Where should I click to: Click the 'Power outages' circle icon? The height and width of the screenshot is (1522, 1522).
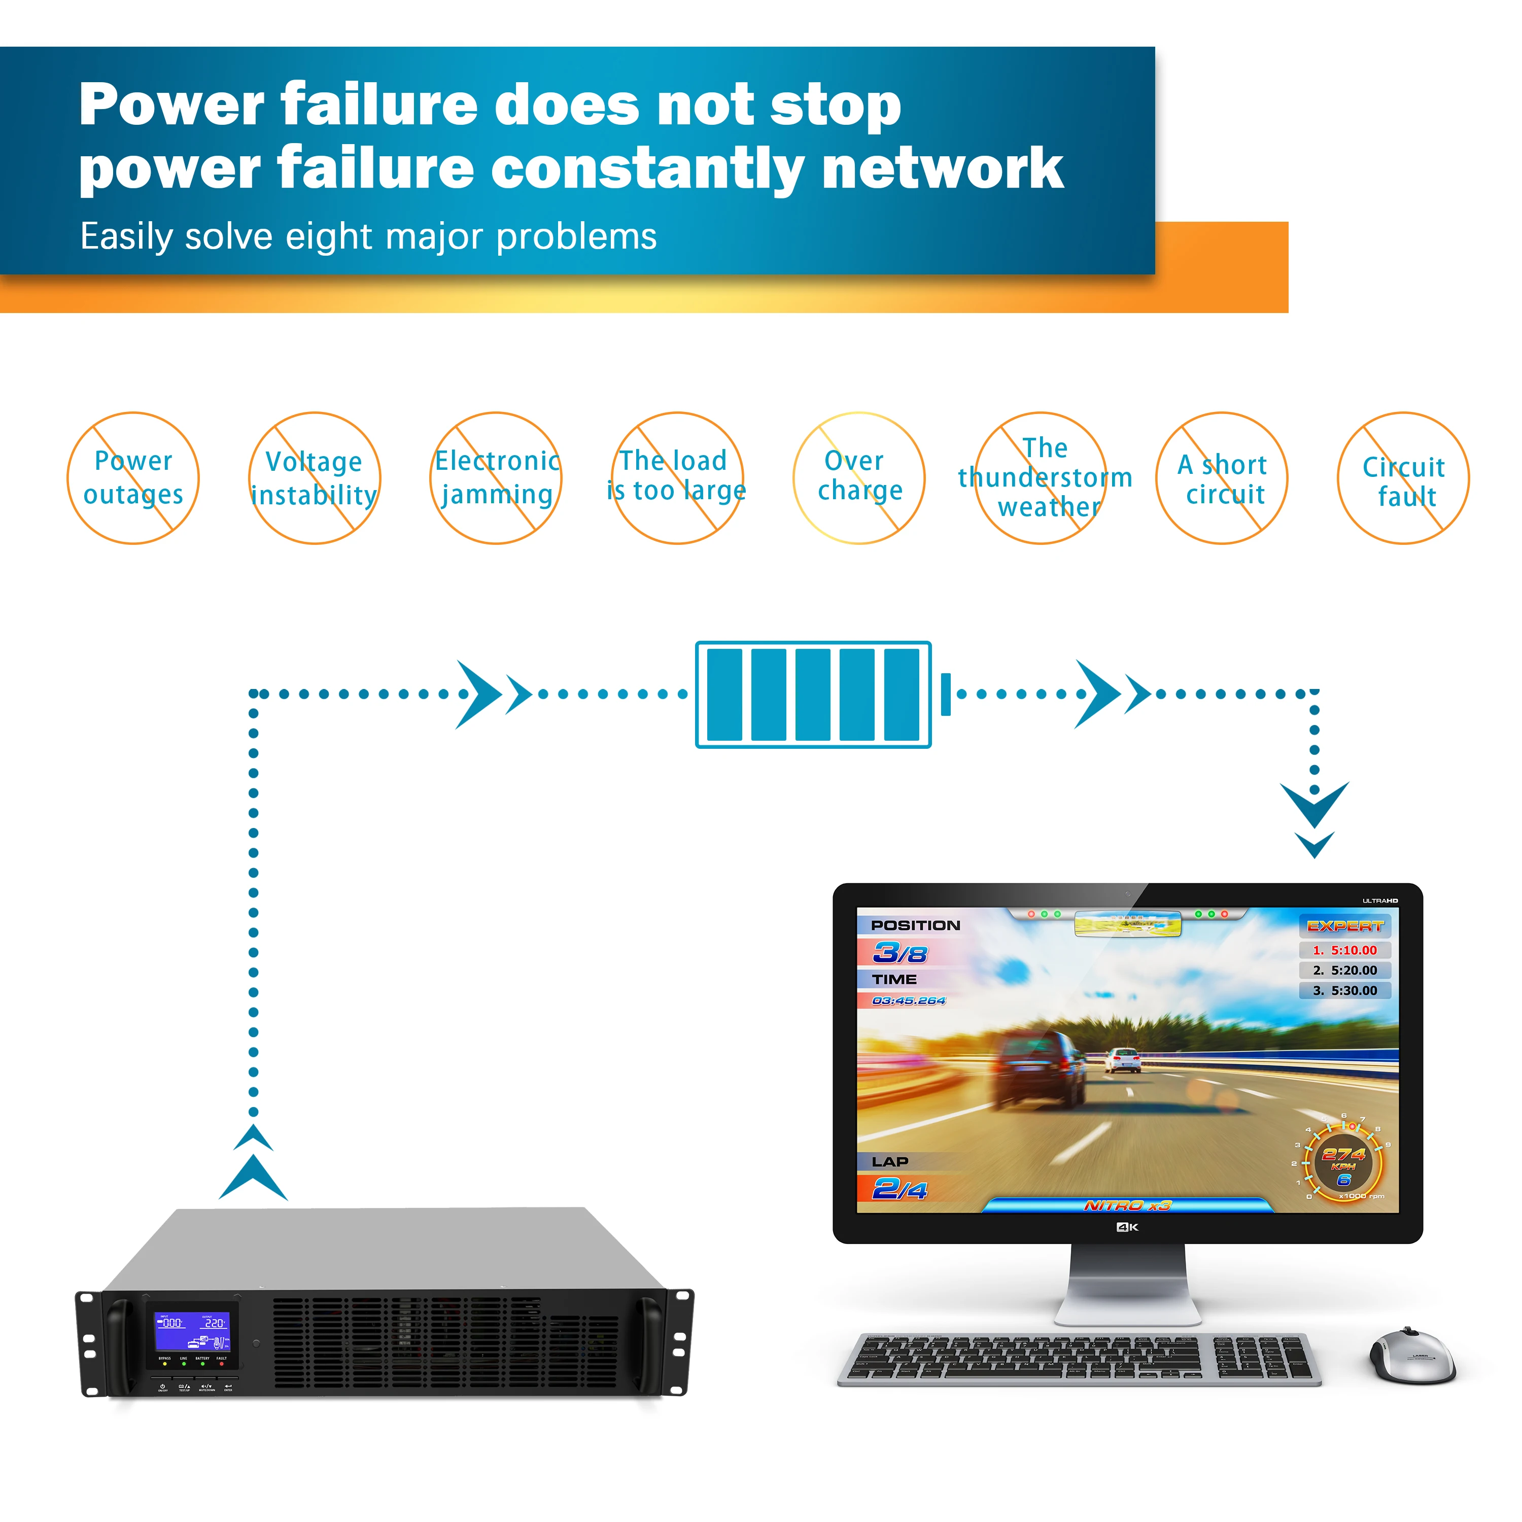[x=133, y=478]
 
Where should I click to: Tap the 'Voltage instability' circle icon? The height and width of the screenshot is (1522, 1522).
[x=315, y=478]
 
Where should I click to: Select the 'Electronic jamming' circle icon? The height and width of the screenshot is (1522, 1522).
[x=496, y=478]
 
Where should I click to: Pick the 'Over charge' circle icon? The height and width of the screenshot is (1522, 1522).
[x=859, y=478]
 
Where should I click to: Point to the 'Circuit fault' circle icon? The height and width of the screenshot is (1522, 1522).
[x=1403, y=478]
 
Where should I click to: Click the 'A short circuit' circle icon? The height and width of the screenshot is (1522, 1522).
[x=1221, y=478]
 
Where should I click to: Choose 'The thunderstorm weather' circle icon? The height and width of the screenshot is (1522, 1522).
[x=1041, y=478]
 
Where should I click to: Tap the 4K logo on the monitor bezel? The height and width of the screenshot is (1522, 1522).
[x=1127, y=1227]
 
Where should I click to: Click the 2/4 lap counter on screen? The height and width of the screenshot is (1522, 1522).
[x=900, y=1189]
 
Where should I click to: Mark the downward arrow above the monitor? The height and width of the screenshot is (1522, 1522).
[x=1314, y=815]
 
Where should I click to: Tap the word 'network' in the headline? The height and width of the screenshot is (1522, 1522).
[x=942, y=168]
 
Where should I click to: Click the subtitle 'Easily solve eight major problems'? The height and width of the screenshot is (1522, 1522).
[x=368, y=236]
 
